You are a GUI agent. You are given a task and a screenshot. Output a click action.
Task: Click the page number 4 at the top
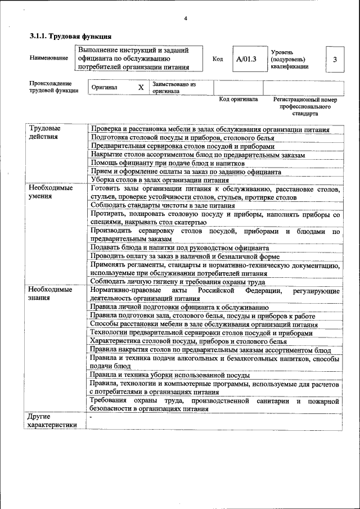(x=186, y=19)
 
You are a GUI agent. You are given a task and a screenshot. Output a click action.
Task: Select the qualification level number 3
(x=335, y=59)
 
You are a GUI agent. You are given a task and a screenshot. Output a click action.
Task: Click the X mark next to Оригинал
(x=141, y=88)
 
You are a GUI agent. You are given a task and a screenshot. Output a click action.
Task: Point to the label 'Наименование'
(x=46, y=58)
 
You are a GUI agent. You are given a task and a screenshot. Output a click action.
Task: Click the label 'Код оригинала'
(x=238, y=99)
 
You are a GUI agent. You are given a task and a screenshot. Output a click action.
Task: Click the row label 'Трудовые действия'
(x=44, y=133)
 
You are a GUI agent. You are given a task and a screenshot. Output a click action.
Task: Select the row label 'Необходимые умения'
(x=51, y=192)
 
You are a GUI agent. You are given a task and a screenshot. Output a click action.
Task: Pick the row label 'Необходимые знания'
(x=51, y=294)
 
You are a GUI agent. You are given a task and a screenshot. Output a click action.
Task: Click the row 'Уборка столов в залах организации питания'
(x=160, y=180)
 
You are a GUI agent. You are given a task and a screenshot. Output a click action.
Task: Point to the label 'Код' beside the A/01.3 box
(x=218, y=59)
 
